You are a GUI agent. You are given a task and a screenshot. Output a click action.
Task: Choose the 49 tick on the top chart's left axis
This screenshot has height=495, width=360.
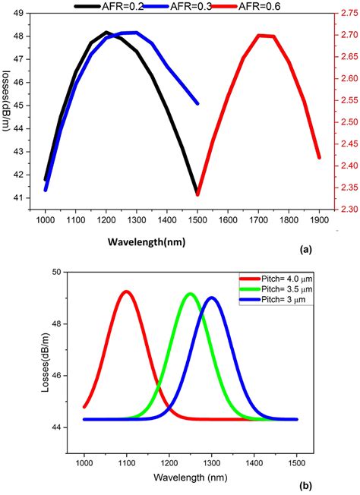(x=22, y=13)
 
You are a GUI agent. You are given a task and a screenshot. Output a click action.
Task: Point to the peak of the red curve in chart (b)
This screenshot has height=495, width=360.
(x=126, y=292)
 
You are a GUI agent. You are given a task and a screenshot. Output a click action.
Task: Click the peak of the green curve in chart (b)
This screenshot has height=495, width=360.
(x=190, y=294)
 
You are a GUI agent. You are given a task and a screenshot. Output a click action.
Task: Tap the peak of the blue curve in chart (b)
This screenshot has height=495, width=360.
(x=212, y=298)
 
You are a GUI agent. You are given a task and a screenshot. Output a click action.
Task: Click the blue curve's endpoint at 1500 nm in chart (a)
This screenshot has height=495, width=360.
(x=197, y=102)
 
